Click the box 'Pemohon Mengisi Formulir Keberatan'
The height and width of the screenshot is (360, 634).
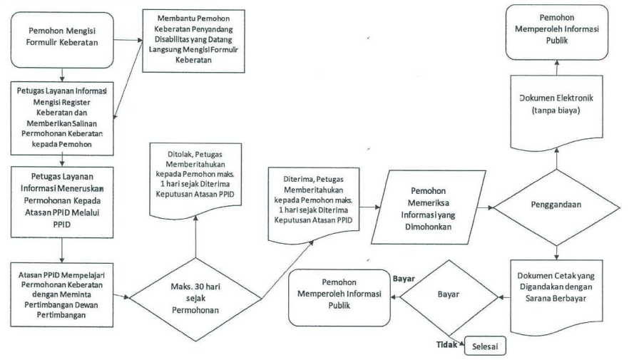[x=63, y=37]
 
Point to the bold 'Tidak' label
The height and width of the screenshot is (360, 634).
[x=446, y=345]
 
